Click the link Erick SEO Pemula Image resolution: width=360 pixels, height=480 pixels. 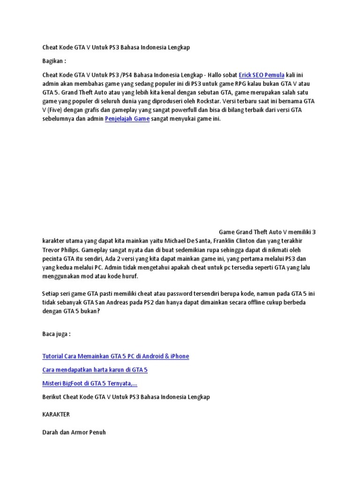click(262, 75)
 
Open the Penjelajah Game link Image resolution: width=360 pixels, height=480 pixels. click(127, 119)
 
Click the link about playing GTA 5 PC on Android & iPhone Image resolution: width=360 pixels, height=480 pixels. click(115, 356)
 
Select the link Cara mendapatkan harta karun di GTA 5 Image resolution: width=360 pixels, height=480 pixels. click(95, 370)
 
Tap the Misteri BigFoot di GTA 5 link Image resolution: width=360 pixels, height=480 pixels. click(90, 383)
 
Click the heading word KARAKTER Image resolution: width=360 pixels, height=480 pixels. click(56, 415)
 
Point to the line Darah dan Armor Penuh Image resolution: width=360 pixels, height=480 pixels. click(74, 432)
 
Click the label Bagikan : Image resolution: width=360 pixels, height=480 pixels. click(54, 61)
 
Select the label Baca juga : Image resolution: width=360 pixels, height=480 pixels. click(56, 334)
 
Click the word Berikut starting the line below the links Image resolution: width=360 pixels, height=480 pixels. click(53, 397)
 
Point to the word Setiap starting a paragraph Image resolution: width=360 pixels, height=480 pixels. click(51, 293)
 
